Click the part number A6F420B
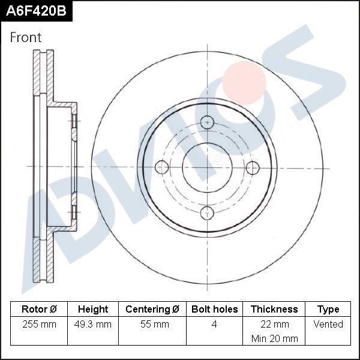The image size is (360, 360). point(35,10)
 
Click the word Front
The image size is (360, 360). point(26,37)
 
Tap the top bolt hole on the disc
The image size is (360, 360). point(207,122)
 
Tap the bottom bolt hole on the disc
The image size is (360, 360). point(207,212)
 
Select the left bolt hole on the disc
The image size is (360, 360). point(161,167)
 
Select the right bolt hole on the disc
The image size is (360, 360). point(252,167)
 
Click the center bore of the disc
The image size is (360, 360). point(207,167)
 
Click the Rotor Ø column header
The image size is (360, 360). point(39,309)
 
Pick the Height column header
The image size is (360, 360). point(93,309)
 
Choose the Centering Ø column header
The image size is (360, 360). point(152,309)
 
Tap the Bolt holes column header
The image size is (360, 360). point(214,309)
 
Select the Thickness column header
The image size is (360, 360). point(274,309)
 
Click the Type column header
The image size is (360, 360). point(328,309)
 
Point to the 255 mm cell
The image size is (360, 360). point(39,324)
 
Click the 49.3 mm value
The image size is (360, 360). point(93,324)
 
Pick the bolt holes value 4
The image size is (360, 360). point(214,324)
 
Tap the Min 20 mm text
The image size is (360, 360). point(274,338)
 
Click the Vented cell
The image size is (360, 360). point(328,324)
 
